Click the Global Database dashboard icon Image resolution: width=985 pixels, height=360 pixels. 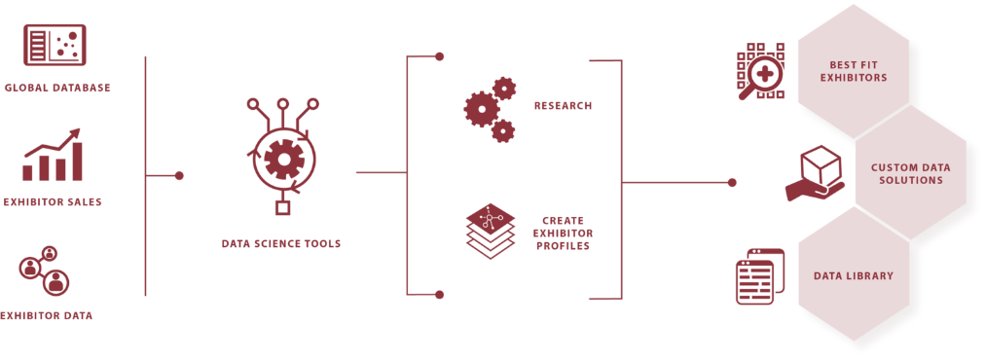click(55, 45)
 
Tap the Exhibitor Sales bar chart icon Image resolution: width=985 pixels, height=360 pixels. click(53, 155)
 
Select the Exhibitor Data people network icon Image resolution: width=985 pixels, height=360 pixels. click(44, 270)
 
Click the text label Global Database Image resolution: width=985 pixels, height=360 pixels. click(57, 88)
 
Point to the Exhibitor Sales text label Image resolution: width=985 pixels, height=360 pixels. click(53, 202)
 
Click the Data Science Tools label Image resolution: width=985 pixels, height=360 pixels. click(281, 244)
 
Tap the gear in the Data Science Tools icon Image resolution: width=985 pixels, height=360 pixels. click(284, 160)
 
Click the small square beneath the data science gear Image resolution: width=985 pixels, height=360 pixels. click(282, 207)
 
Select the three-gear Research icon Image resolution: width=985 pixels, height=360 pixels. click(490, 110)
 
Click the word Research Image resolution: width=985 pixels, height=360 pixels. click(563, 105)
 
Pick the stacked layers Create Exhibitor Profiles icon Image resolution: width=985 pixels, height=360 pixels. click(491, 231)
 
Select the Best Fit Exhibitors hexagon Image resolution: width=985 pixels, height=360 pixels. click(853, 71)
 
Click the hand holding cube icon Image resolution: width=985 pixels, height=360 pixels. click(815, 173)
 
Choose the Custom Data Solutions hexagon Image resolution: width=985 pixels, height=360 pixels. click(910, 173)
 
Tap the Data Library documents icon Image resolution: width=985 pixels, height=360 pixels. click(760, 276)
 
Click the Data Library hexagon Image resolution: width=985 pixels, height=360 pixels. click(853, 275)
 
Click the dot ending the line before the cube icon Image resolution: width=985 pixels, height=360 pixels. click(732, 183)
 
